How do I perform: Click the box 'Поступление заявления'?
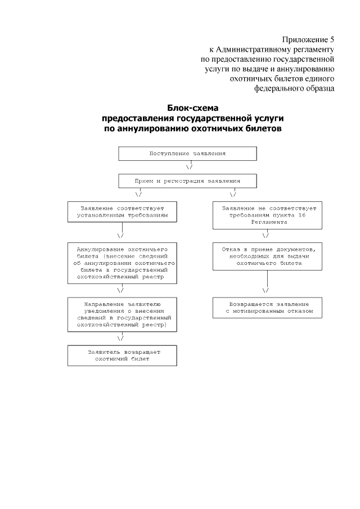click(x=187, y=154)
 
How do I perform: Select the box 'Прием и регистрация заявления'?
click(x=187, y=181)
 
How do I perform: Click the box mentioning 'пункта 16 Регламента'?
click(x=267, y=215)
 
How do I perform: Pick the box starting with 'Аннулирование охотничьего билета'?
click(x=122, y=263)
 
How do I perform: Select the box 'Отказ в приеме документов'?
click(x=267, y=256)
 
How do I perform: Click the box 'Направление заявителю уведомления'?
click(x=122, y=313)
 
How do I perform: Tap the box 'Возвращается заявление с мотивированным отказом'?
click(x=267, y=308)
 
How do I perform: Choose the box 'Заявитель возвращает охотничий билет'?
click(x=122, y=355)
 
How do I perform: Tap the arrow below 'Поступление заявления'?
click(x=190, y=167)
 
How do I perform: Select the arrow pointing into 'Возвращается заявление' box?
click(x=265, y=290)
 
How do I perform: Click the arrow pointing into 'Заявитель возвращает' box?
click(x=120, y=338)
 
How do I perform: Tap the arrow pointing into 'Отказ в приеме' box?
click(x=265, y=235)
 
